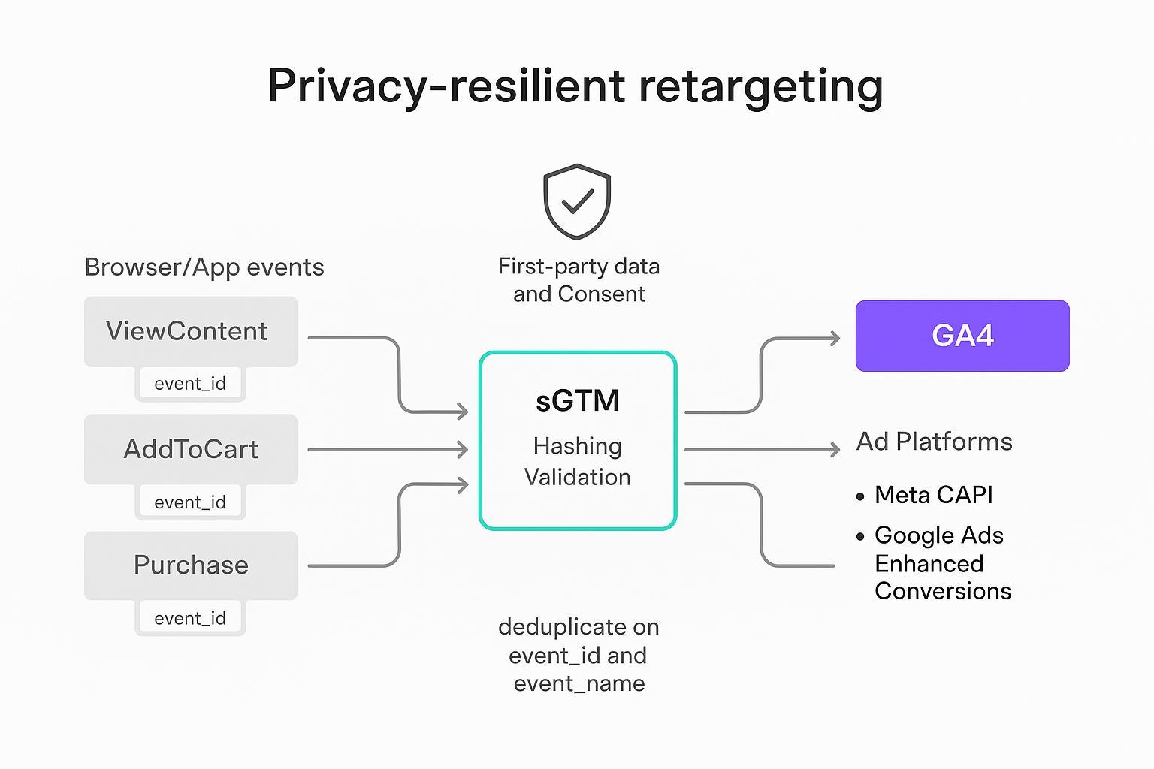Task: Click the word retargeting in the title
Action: pyautogui.click(x=760, y=86)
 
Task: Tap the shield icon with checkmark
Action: pyautogui.click(x=577, y=201)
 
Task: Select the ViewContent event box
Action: pyautogui.click(x=190, y=331)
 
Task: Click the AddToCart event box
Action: pyautogui.click(x=190, y=449)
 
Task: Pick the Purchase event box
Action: pyautogui.click(x=190, y=565)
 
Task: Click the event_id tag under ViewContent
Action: pyautogui.click(x=190, y=384)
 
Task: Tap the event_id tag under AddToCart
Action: pyautogui.click(x=190, y=502)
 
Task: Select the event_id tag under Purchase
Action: pyautogui.click(x=190, y=618)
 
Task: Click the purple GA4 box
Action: pyautogui.click(x=962, y=336)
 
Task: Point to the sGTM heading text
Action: pyautogui.click(x=577, y=400)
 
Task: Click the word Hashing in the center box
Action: pyautogui.click(x=577, y=446)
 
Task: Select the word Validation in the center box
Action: pyautogui.click(x=577, y=477)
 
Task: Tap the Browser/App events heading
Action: pyautogui.click(x=204, y=267)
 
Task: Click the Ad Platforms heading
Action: pyautogui.click(x=934, y=442)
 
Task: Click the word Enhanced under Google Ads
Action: pyautogui.click(x=929, y=563)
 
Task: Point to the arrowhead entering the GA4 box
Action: pyautogui.click(x=835, y=339)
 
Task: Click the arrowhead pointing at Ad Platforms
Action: pyautogui.click(x=834, y=450)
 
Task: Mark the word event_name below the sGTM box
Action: pyautogui.click(x=579, y=683)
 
